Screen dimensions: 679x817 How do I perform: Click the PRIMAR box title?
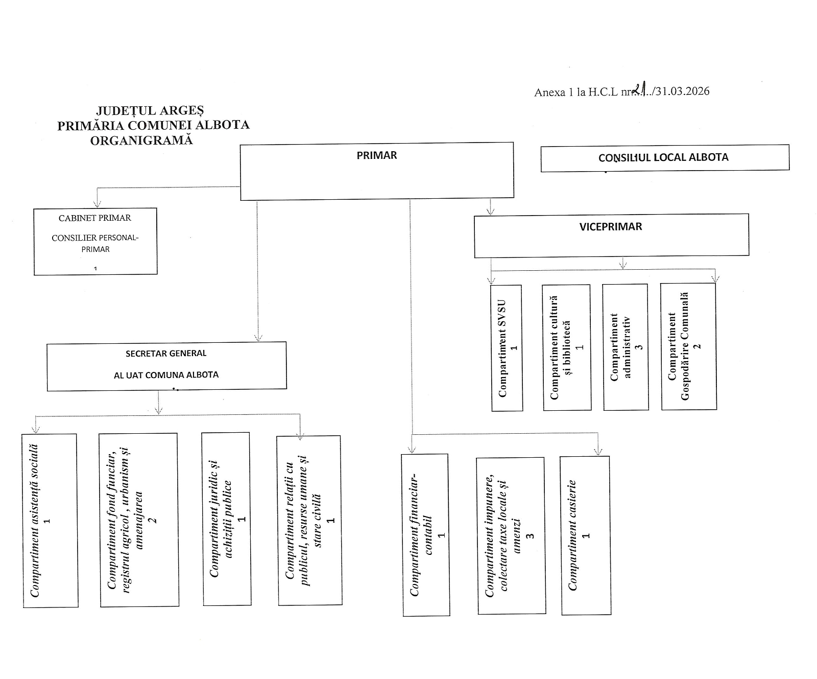[x=377, y=156]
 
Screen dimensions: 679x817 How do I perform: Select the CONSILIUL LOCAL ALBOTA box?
[x=664, y=157]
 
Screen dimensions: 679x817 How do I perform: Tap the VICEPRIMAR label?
[x=611, y=227]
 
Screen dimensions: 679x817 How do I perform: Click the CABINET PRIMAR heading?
[x=95, y=218]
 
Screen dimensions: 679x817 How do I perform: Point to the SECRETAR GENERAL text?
[x=166, y=354]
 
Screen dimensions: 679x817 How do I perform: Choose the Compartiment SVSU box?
[x=507, y=348]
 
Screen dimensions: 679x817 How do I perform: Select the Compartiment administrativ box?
[x=626, y=347]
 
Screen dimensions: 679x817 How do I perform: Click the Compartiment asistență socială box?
[x=50, y=520]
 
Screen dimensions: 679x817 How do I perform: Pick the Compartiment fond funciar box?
[x=139, y=520]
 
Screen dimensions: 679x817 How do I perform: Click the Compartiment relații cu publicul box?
[x=309, y=520]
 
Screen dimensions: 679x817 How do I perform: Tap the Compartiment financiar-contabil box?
[x=426, y=535]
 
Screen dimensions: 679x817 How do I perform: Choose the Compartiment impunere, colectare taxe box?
[x=511, y=535]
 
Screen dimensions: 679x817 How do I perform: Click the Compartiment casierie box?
[x=586, y=535]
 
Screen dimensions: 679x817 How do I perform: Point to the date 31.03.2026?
[x=683, y=91]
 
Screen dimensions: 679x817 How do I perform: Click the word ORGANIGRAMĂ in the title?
[x=141, y=141]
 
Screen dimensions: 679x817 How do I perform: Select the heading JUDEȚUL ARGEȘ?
[x=150, y=110]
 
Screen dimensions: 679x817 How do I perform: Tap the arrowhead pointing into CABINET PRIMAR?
[x=97, y=204]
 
